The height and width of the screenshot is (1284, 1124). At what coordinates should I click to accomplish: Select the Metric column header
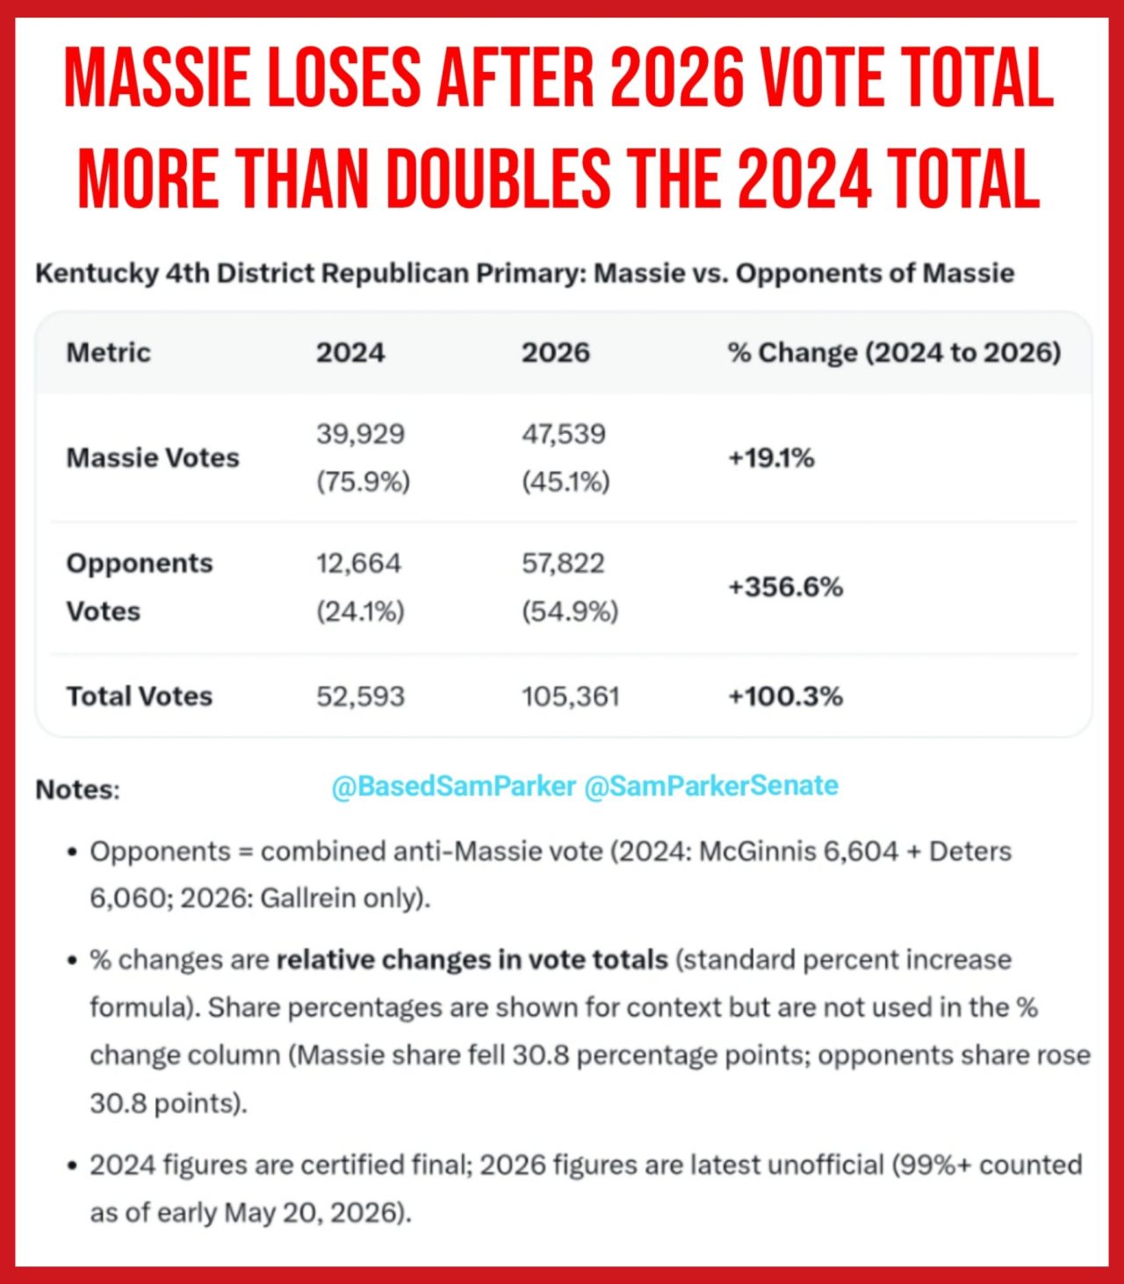click(109, 353)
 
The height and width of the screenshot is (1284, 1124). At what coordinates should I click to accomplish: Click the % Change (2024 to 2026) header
click(895, 353)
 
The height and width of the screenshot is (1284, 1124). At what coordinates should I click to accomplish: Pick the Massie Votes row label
click(153, 458)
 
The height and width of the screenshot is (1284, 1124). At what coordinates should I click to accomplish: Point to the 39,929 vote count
click(361, 434)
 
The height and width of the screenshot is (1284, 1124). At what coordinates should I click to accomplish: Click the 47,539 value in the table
click(564, 434)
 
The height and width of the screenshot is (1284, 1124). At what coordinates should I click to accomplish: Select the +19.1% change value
click(771, 458)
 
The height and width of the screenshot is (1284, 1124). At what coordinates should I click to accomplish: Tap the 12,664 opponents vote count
click(358, 563)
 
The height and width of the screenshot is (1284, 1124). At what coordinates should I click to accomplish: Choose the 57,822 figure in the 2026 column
click(563, 563)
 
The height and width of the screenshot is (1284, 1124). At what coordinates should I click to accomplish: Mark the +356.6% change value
click(785, 588)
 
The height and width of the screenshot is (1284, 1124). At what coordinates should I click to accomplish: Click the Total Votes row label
click(140, 696)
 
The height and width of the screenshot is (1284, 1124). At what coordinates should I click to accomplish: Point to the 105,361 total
click(571, 696)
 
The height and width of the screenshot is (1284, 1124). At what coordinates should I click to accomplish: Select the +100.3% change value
click(785, 696)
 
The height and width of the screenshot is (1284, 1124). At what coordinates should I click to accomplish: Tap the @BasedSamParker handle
click(453, 786)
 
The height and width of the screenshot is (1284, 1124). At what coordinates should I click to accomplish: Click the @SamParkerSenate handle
click(711, 786)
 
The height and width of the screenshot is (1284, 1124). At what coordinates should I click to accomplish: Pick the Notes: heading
click(77, 790)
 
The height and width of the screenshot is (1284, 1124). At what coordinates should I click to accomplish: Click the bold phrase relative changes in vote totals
click(472, 961)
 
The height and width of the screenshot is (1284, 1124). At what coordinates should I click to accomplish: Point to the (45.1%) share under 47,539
click(566, 482)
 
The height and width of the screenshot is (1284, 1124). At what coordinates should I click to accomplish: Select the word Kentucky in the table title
click(97, 274)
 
